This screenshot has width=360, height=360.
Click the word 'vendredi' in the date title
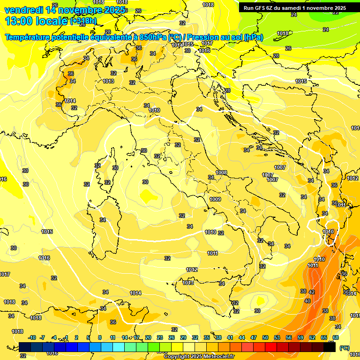(23, 10)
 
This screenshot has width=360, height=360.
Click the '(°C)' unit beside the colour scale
(344, 347)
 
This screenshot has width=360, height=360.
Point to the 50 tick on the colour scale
(265, 337)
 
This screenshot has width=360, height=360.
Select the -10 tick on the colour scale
(32, 337)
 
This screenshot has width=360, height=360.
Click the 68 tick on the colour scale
(336, 337)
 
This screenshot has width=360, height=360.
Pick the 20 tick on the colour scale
(148, 337)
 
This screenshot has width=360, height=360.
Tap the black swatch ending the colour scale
(330, 347)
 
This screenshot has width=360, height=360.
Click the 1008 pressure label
(221, 172)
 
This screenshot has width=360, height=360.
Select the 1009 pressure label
(215, 199)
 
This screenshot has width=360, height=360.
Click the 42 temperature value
(312, 292)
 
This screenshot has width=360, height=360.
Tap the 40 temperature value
(307, 301)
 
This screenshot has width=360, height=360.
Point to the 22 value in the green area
(335, 13)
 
